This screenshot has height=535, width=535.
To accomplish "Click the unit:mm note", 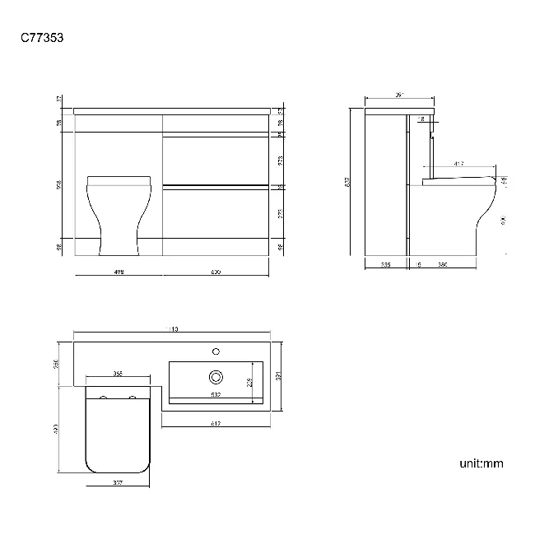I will (x=481, y=463).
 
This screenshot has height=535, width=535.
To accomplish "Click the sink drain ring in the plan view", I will (x=216, y=377).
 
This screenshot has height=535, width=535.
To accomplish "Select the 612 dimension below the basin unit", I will (x=216, y=424).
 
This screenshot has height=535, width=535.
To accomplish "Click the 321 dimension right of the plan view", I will (x=279, y=376).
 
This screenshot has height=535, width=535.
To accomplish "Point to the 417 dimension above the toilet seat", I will (x=457, y=165).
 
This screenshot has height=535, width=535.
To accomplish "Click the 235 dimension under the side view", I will (x=386, y=264).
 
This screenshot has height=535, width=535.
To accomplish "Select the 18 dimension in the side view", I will (x=423, y=119).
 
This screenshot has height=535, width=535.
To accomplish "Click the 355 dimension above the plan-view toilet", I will (x=118, y=374).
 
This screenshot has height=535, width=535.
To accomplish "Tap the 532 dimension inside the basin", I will (x=215, y=395).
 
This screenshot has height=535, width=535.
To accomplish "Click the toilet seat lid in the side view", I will (x=461, y=178).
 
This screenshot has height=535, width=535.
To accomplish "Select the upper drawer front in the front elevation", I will (x=216, y=160).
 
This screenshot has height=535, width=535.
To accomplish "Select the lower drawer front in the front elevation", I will (x=216, y=212).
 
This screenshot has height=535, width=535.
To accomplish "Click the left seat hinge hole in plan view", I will (x=104, y=398).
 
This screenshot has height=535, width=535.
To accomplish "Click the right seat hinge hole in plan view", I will (x=132, y=398).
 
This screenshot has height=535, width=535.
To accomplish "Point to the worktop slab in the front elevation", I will (x=171, y=110).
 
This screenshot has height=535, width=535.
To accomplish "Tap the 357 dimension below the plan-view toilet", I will (x=118, y=483).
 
